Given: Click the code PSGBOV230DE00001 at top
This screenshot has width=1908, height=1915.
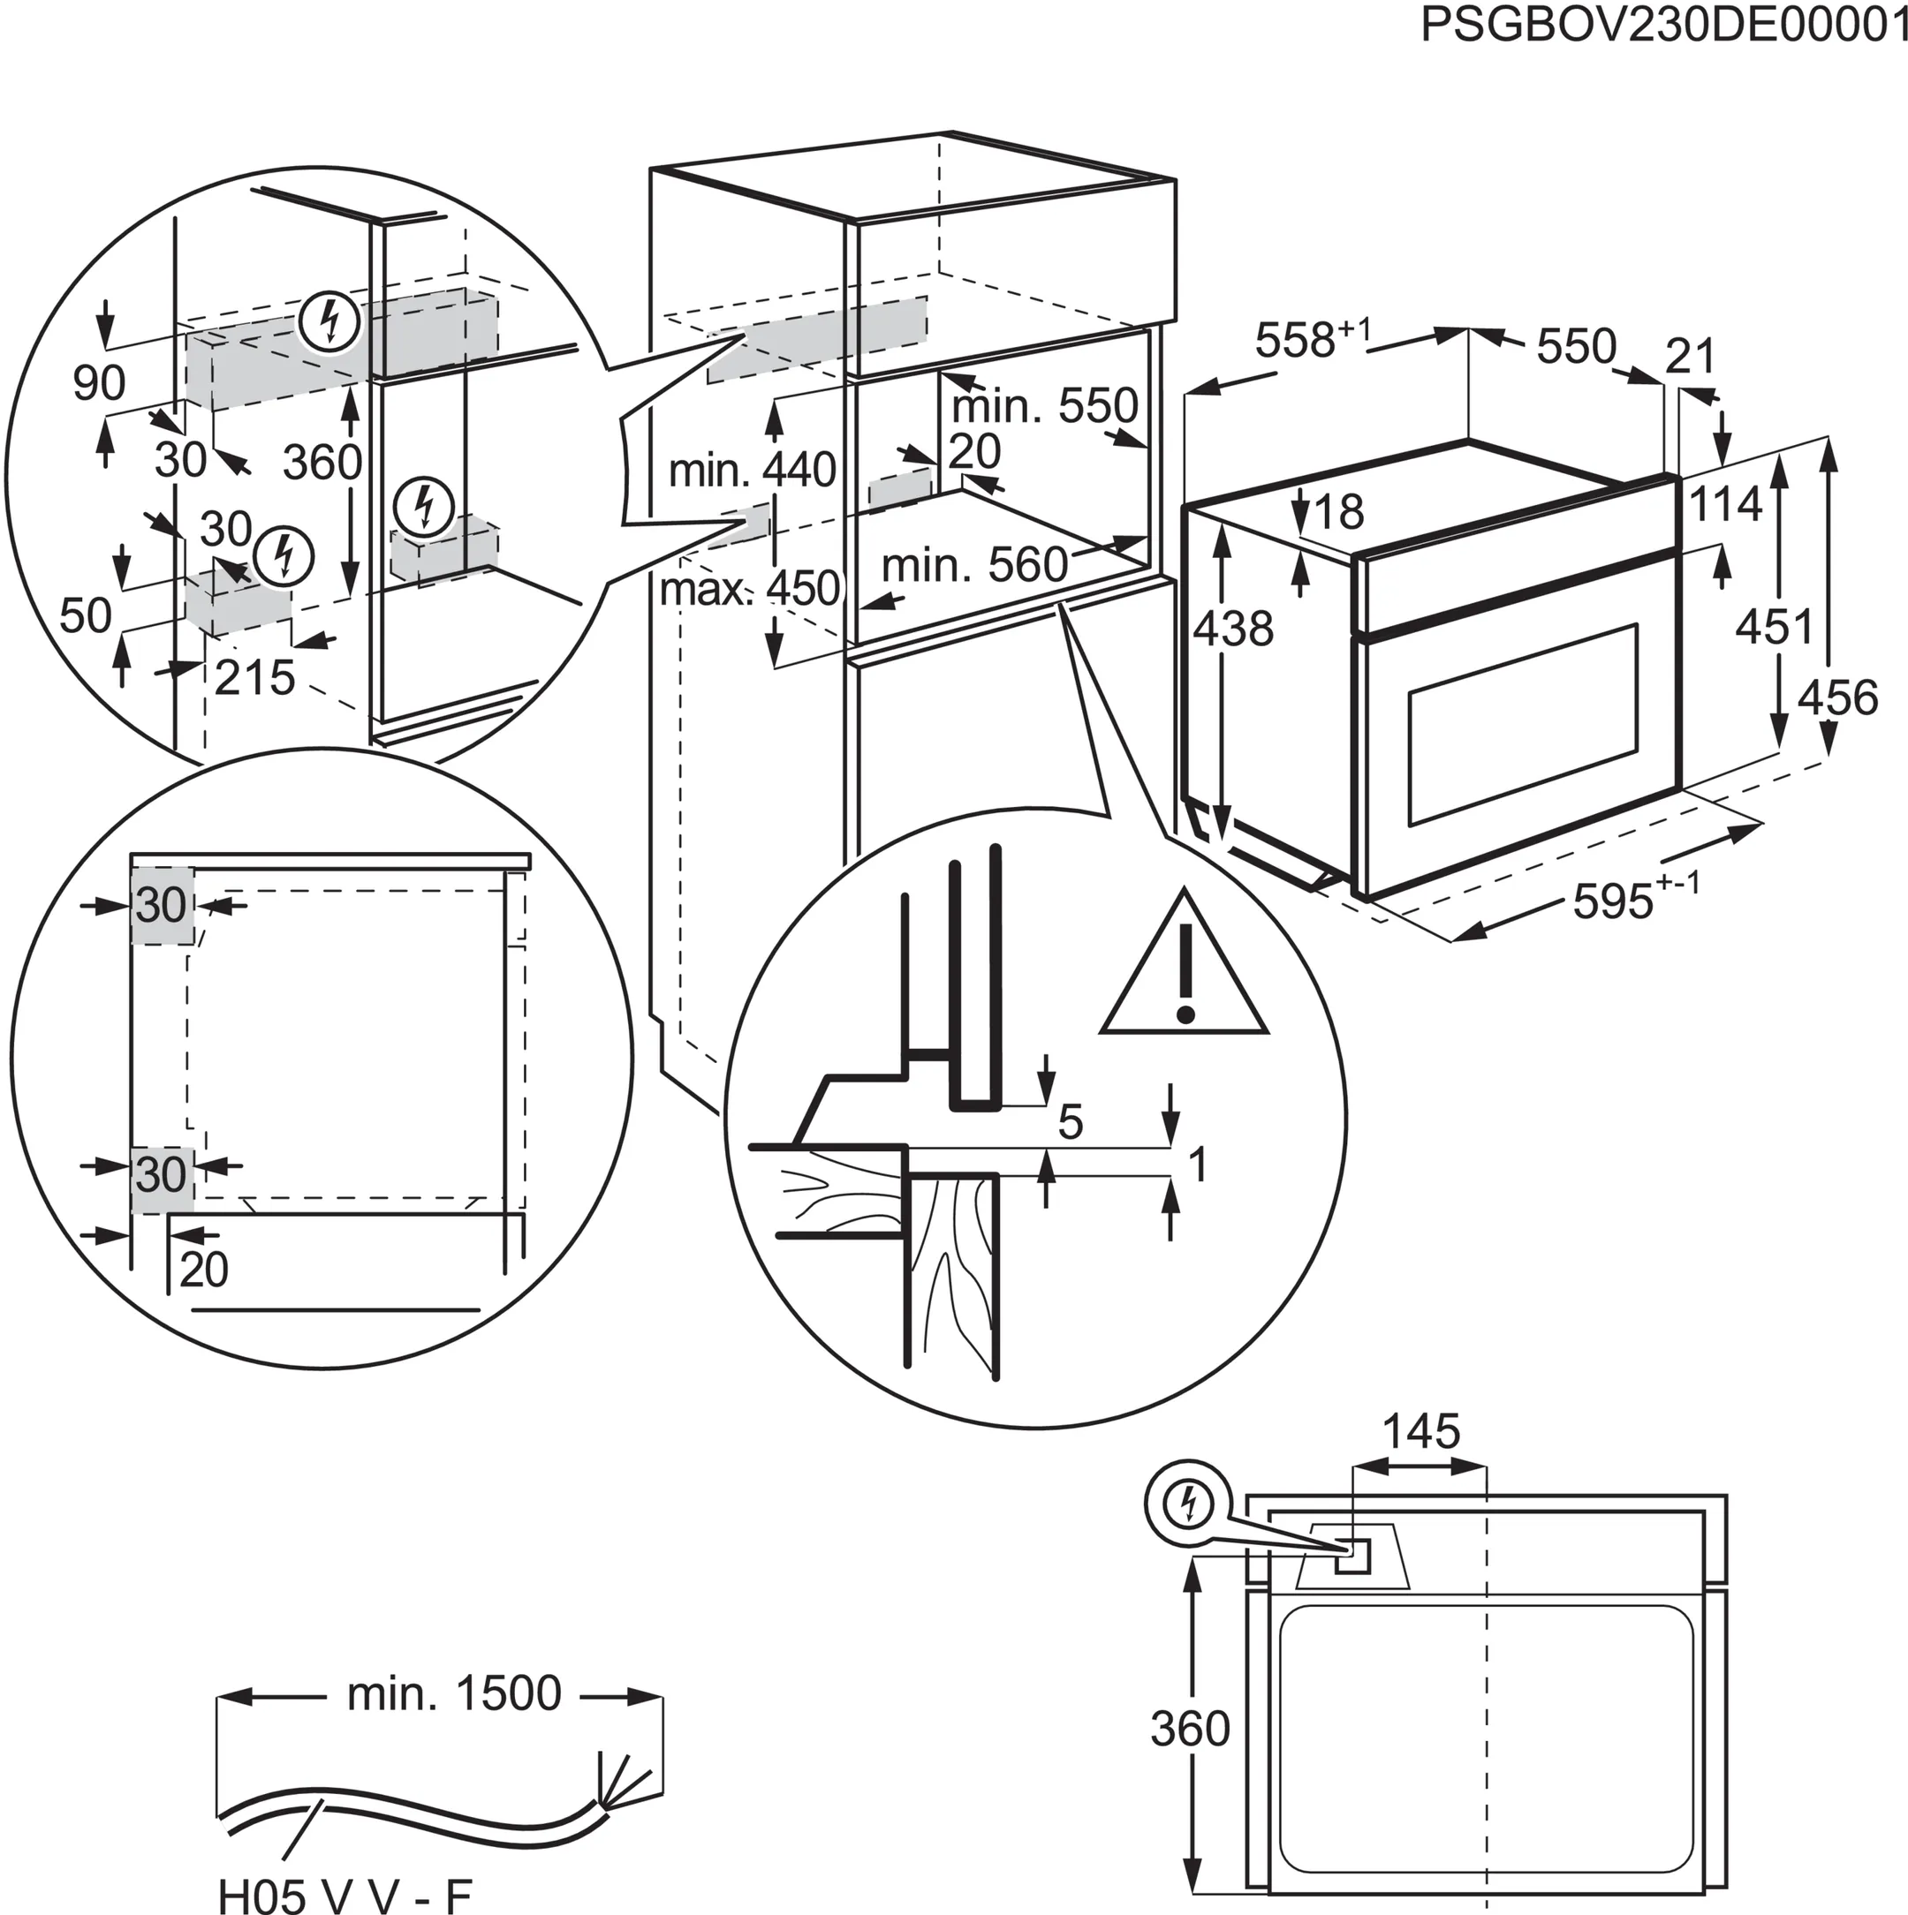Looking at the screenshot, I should [x=1663, y=25].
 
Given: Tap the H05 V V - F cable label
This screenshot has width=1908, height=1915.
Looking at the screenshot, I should [x=344, y=1891].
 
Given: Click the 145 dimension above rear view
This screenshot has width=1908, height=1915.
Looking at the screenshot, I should [x=1420, y=1430].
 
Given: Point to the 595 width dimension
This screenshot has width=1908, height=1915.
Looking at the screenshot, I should [x=1614, y=900].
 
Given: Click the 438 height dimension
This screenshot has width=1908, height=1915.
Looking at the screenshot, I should [x=1232, y=628].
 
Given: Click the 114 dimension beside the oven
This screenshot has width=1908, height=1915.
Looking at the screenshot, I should [x=1725, y=502].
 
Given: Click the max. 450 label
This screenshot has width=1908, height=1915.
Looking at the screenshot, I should [x=751, y=589].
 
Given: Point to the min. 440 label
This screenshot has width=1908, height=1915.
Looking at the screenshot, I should [x=752, y=470].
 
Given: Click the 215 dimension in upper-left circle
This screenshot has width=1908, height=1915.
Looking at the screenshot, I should [x=255, y=678].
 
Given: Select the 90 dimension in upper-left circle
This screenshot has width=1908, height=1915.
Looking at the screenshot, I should [x=99, y=381].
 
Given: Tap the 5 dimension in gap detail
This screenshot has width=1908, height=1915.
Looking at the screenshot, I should [x=1070, y=1122].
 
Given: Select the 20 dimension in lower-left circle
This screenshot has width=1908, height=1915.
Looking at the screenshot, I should [x=204, y=1269].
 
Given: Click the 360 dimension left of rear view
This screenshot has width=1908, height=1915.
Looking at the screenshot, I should [x=1189, y=1728].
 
